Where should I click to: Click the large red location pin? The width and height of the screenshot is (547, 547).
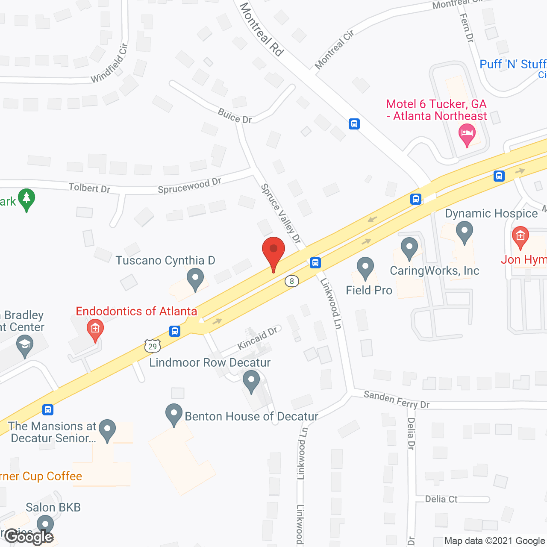point(273,252)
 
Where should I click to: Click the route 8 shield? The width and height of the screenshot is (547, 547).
point(292,281)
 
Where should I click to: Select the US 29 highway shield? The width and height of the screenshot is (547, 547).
point(153,346)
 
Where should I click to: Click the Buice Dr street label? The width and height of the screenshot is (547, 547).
point(235,116)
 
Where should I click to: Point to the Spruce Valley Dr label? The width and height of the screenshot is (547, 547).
point(281,214)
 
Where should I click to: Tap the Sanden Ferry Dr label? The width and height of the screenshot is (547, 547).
point(396,400)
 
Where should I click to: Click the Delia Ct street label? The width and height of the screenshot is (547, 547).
point(441,499)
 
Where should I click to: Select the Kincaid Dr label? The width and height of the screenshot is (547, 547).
point(257,338)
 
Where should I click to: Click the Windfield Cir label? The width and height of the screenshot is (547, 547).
point(110,63)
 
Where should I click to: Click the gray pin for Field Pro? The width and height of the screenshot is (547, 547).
point(365,268)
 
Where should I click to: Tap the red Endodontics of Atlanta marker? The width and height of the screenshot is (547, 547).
point(95,329)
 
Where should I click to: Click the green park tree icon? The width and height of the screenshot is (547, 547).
point(26,199)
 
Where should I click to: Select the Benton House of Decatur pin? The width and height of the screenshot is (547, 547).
point(174,414)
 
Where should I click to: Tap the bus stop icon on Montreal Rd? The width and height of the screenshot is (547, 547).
point(354,124)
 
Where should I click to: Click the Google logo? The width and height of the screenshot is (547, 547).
point(29,537)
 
